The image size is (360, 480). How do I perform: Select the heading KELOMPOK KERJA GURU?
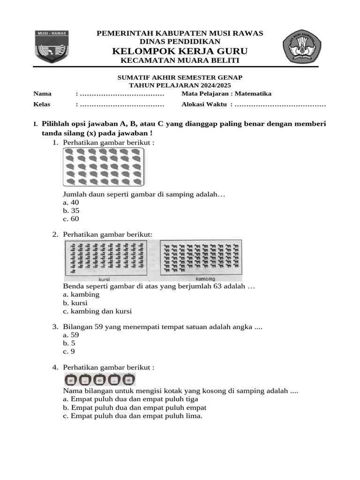[180, 51]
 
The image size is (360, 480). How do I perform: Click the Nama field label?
[42, 94]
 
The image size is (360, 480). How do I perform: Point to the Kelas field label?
[42, 104]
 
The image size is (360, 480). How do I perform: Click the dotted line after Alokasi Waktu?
[280, 104]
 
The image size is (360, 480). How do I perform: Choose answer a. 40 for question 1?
[71, 202]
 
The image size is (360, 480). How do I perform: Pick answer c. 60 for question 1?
[71, 219]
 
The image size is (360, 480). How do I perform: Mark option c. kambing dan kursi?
[97, 311]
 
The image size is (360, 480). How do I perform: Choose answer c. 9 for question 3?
[68, 352]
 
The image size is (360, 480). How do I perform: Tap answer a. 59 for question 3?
[71, 335]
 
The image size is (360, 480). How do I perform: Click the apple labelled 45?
[128, 380]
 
